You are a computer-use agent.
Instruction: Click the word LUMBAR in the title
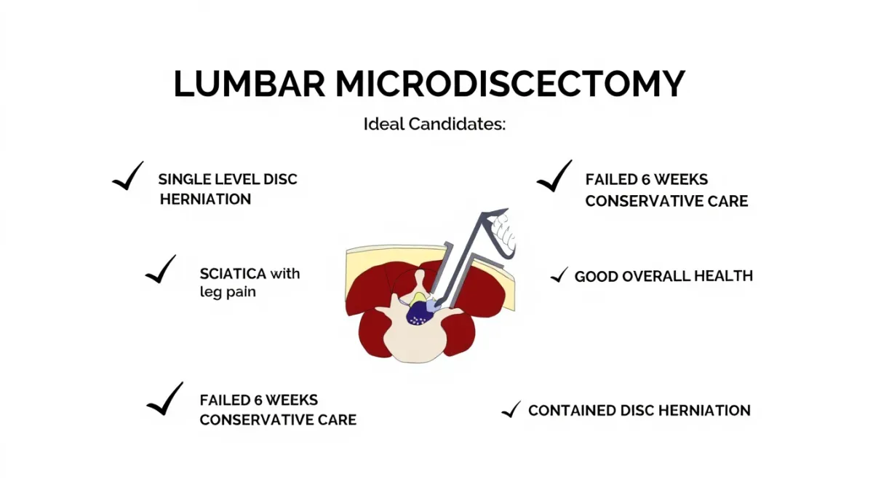click(x=250, y=84)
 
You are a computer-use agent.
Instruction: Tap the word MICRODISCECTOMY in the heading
click(x=510, y=84)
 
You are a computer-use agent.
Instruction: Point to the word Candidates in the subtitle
click(x=457, y=124)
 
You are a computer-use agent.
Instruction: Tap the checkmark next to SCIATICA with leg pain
click(x=160, y=271)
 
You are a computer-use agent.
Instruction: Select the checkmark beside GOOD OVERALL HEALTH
click(x=559, y=275)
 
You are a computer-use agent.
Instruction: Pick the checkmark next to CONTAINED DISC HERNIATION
click(x=511, y=409)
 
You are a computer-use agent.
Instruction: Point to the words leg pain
click(x=228, y=292)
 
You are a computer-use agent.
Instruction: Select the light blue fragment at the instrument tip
click(x=433, y=305)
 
